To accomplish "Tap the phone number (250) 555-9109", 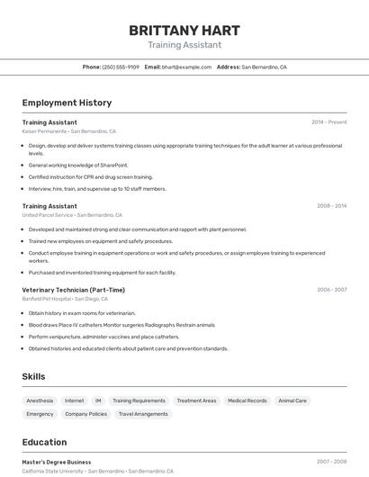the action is [121, 67].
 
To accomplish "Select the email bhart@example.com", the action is [186, 67].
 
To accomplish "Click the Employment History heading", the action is [67, 103].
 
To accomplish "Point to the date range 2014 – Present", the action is [328, 122].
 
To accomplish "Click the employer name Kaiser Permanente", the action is [44, 131].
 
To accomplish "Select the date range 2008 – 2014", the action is [331, 206].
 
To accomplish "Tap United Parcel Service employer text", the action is [48, 215].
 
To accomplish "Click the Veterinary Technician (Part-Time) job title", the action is [73, 290].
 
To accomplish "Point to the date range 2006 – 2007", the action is [331, 290].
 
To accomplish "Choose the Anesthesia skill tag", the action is [40, 400].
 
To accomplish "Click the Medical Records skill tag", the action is [247, 400].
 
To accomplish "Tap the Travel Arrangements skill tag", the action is [143, 414].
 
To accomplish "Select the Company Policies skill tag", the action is [85, 414].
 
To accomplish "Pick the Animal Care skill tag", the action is [292, 400].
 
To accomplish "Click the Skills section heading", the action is [33, 376].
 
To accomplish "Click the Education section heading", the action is [44, 442].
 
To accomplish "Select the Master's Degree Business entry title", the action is [56, 462].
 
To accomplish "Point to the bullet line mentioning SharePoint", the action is [78, 166].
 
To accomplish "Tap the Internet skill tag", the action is [74, 400].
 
